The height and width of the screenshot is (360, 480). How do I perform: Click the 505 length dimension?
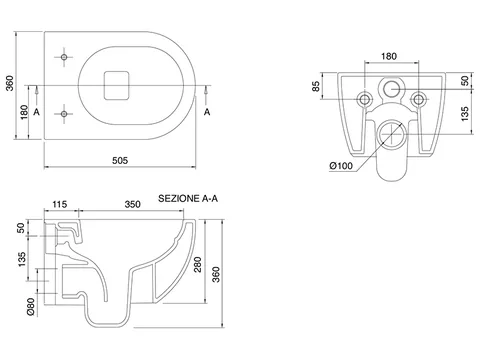pyautogui.click(x=120, y=161)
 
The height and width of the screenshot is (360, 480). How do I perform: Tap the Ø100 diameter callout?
pyautogui.click(x=341, y=166)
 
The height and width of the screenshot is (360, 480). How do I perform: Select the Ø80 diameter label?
pyautogui.click(x=31, y=307)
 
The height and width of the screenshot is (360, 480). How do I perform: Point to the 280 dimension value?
pyautogui.click(x=198, y=264)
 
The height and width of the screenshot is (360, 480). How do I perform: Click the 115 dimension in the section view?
pyautogui.click(x=60, y=204)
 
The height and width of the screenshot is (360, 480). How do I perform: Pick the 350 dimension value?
pyautogui.click(x=132, y=204)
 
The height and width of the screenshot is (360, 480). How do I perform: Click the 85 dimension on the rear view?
pyautogui.click(x=316, y=86)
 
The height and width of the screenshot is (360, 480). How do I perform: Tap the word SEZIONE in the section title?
pyautogui.click(x=179, y=198)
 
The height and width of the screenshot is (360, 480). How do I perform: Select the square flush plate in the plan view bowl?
pyautogui.click(x=116, y=85)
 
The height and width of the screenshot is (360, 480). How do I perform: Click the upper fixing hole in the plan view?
pyautogui.click(x=64, y=57)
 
